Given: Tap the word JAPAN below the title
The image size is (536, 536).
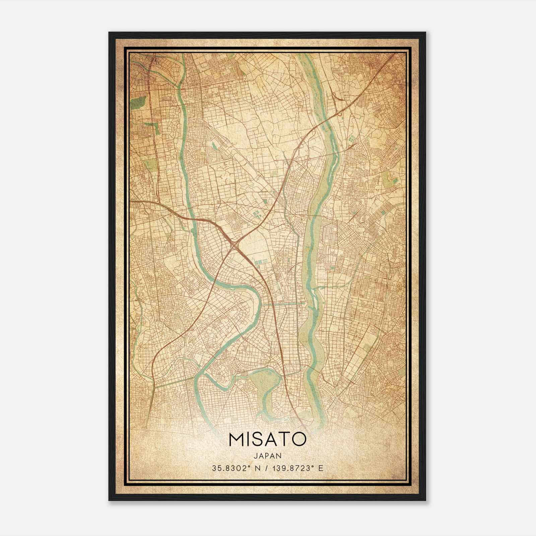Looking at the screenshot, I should [x=267, y=456].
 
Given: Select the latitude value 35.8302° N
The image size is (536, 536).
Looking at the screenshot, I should [x=233, y=468].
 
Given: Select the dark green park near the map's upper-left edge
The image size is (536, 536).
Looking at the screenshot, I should [x=139, y=102].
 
